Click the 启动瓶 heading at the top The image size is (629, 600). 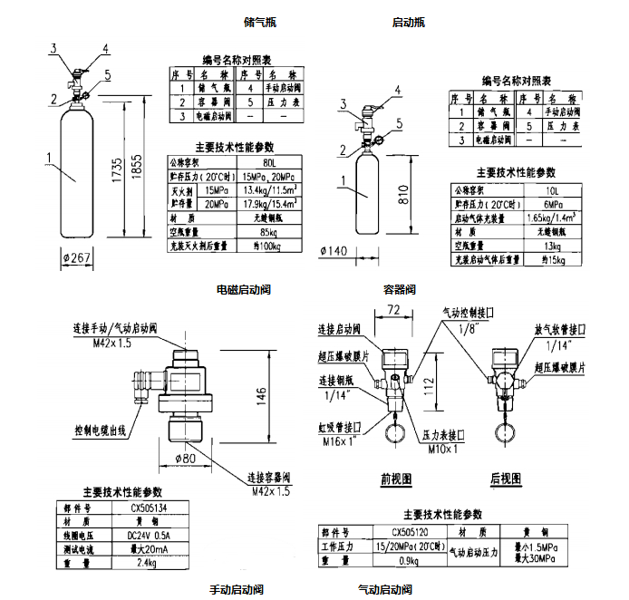[x=408, y=21]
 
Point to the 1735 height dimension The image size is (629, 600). [x=113, y=169]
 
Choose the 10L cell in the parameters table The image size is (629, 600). [x=552, y=190]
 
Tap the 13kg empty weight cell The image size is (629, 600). [x=552, y=247]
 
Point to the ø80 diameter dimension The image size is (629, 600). [x=189, y=458]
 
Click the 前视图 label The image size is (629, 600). [x=395, y=478]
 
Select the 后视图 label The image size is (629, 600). [x=507, y=478]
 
